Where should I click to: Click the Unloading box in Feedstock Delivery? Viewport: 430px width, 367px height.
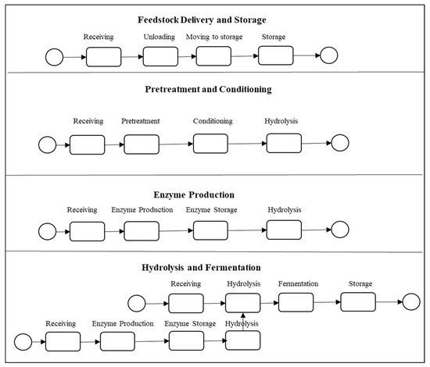(x=161, y=56)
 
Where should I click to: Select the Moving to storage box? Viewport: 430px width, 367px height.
(x=213, y=56)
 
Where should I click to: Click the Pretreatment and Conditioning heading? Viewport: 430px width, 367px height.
(x=209, y=89)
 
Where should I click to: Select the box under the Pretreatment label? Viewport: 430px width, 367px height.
(x=141, y=144)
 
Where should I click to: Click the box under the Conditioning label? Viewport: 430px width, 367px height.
(x=210, y=144)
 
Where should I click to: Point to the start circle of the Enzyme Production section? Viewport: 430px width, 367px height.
(x=47, y=231)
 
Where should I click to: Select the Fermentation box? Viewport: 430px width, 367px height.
(x=296, y=301)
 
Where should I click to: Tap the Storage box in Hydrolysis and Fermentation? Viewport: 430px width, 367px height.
(x=357, y=301)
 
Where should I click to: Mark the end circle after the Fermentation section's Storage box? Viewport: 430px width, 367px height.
(x=407, y=302)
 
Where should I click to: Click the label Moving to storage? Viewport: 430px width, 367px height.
(x=214, y=37)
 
